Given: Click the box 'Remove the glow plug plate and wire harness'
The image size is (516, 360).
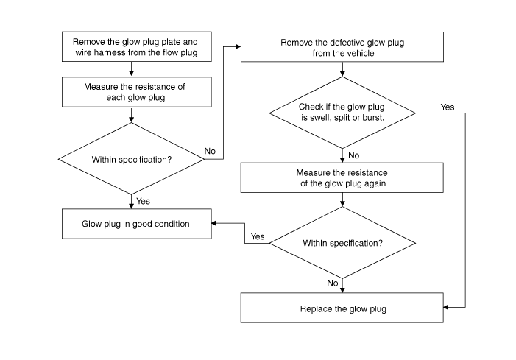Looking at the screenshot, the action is [137, 46].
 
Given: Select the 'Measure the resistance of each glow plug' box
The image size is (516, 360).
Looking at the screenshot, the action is [137, 92].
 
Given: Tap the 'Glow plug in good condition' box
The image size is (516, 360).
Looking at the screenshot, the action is [137, 224].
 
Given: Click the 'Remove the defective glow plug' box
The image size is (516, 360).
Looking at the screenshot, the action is [342, 46].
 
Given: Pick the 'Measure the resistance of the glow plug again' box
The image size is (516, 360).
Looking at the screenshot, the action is [342, 177].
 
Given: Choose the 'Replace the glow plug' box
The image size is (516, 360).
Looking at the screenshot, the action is [342, 308].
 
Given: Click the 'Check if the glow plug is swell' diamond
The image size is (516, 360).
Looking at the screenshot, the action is [342, 113].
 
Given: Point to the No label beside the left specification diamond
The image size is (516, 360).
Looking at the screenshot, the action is [210, 151].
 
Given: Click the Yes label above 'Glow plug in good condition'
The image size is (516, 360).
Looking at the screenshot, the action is [143, 201].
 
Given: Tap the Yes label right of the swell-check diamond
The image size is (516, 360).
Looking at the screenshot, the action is [448, 107].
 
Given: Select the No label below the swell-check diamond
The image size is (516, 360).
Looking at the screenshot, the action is [354, 155].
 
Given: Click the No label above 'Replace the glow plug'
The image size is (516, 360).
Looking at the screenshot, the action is [333, 283].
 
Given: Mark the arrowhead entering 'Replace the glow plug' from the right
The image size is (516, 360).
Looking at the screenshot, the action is [446, 307].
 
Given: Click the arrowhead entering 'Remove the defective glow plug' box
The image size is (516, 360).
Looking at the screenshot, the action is [238, 46].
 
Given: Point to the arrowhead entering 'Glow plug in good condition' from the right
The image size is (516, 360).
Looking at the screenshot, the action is [214, 223].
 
